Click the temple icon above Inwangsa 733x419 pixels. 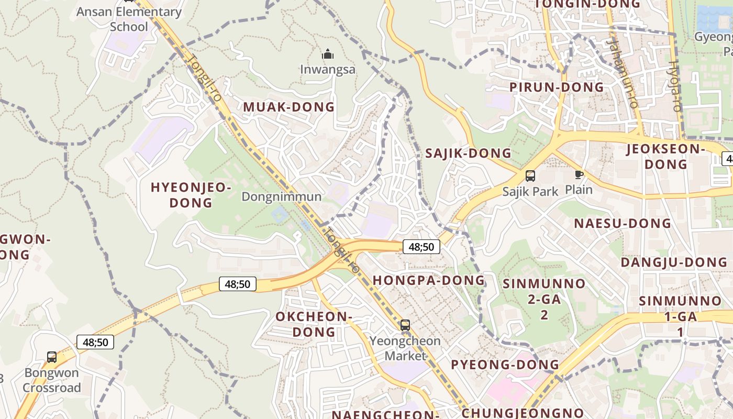(328, 54)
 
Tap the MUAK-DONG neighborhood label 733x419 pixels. (288, 107)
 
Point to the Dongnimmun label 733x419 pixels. (281, 196)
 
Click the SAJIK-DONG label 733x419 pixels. (468, 153)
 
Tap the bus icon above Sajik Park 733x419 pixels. (530, 176)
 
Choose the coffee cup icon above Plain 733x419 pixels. (579, 174)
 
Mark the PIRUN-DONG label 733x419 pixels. (557, 87)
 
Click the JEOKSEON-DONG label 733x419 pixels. (666, 157)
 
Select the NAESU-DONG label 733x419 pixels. (622, 223)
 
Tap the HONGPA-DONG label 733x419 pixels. (429, 280)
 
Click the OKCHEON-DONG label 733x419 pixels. (314, 324)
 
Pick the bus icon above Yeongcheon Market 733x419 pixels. (405, 325)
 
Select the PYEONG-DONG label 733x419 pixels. (505, 365)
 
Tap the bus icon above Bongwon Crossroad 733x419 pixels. (52, 357)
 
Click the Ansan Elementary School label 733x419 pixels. (129, 19)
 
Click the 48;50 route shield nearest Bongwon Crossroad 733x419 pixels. (95, 342)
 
